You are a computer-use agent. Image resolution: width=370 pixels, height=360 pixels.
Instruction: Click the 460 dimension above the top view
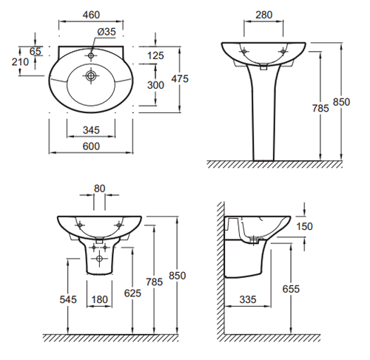pyautogui.click(x=91, y=15)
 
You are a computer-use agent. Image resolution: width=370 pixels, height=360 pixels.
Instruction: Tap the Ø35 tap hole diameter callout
pyautogui.click(x=107, y=32)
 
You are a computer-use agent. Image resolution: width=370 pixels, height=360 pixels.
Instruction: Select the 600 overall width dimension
pyautogui.click(x=91, y=146)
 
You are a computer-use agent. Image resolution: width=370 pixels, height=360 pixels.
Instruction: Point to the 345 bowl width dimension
pyautogui.click(x=91, y=130)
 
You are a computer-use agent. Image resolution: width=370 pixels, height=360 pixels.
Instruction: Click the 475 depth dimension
pyautogui.click(x=180, y=79)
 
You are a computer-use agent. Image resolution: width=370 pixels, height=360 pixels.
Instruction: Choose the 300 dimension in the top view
pyautogui.click(x=155, y=85)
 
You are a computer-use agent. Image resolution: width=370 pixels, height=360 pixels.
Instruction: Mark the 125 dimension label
pyautogui.click(x=155, y=55)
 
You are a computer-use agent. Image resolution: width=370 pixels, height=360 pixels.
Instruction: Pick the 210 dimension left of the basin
pyautogui.click(x=20, y=62)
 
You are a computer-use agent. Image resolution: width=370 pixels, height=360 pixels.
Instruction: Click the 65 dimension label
pyautogui.click(x=36, y=52)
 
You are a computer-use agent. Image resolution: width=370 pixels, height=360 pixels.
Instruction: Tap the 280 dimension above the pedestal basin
pyautogui.click(x=264, y=15)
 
